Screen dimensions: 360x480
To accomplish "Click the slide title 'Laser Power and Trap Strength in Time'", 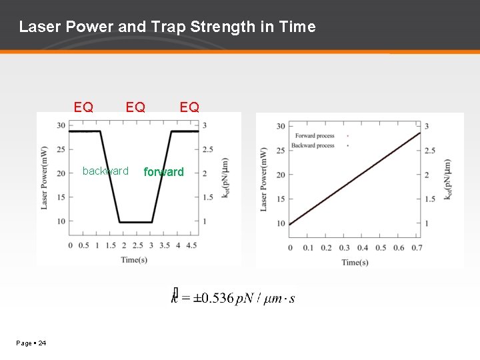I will tap(167, 27).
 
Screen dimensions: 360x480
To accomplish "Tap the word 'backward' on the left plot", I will tap(105, 171).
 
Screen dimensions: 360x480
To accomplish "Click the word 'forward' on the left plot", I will tap(163, 172).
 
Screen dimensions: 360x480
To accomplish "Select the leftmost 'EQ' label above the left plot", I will tap(83, 107).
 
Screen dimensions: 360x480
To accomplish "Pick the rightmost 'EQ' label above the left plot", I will tap(189, 107).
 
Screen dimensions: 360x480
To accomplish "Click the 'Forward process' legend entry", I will tap(314, 136).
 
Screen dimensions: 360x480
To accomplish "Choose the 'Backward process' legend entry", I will tap(314, 145).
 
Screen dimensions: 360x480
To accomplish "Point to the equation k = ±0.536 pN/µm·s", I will tap(233, 298).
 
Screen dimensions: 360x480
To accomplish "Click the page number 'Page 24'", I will tap(31, 343).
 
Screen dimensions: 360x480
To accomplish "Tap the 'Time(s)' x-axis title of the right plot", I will tap(355, 262).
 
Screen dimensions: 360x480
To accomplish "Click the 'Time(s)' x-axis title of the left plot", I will tap(134, 259).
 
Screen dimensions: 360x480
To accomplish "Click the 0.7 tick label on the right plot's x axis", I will tap(417, 248).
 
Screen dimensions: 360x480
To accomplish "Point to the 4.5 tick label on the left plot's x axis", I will tap(191, 245).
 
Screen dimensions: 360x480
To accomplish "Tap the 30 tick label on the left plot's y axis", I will tap(61, 125).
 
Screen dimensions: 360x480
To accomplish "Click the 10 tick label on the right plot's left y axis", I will tap(280, 223).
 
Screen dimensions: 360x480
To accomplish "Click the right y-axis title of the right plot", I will tap(447, 179).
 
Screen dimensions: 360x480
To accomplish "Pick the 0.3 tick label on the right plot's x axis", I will tap(344, 248).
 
